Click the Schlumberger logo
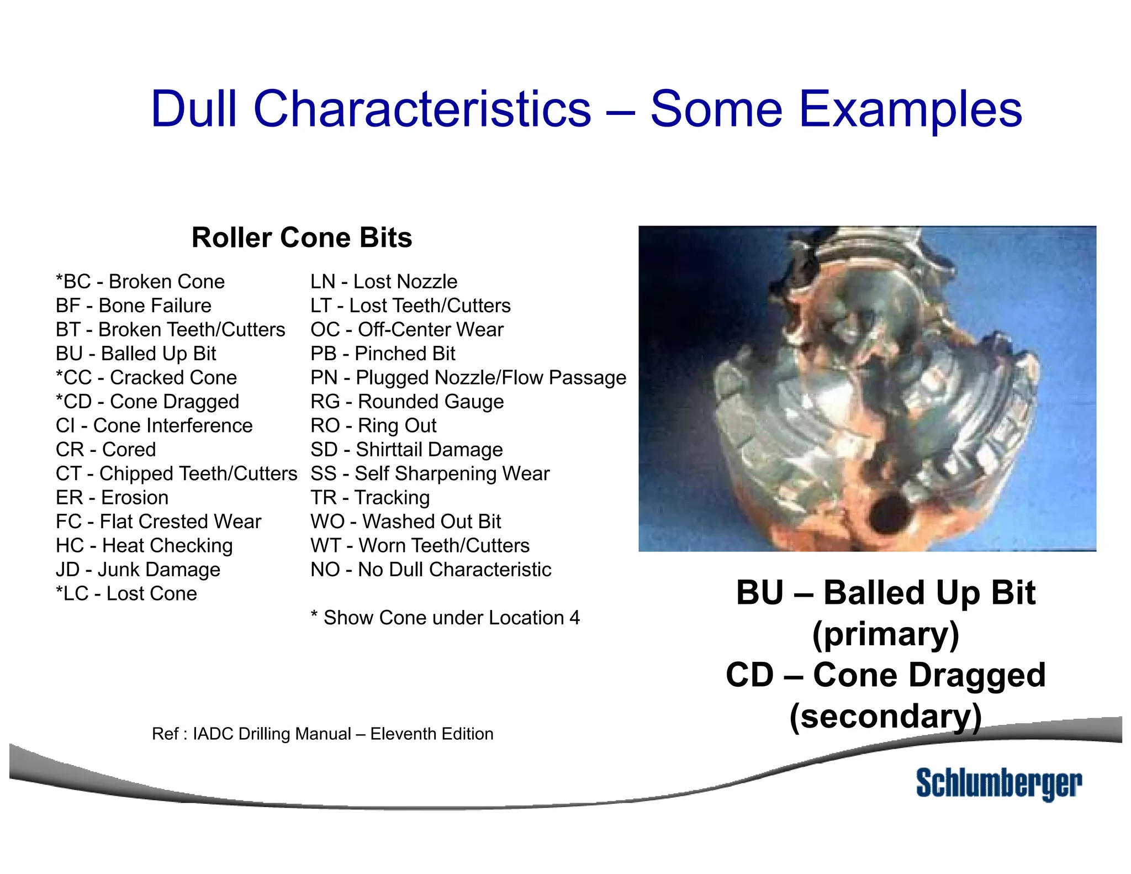[x=998, y=783]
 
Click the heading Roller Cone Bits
[x=302, y=238]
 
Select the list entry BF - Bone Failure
[x=134, y=306]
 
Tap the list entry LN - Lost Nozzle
[x=384, y=282]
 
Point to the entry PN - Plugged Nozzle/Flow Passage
[x=468, y=377]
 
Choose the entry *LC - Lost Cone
[x=126, y=593]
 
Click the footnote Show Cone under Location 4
[x=445, y=618]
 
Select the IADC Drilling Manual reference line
[x=323, y=734]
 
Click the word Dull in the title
[x=194, y=109]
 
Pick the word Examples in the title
[x=911, y=109]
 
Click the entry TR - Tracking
[x=370, y=497]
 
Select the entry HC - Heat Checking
[x=144, y=545]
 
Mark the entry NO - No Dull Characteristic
[x=431, y=570]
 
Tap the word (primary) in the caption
[x=885, y=634]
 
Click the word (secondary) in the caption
[x=885, y=717]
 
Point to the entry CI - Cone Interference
[x=154, y=425]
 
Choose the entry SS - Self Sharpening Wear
[x=430, y=473]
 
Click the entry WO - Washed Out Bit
[x=405, y=522]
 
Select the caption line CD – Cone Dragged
[x=885, y=675]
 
